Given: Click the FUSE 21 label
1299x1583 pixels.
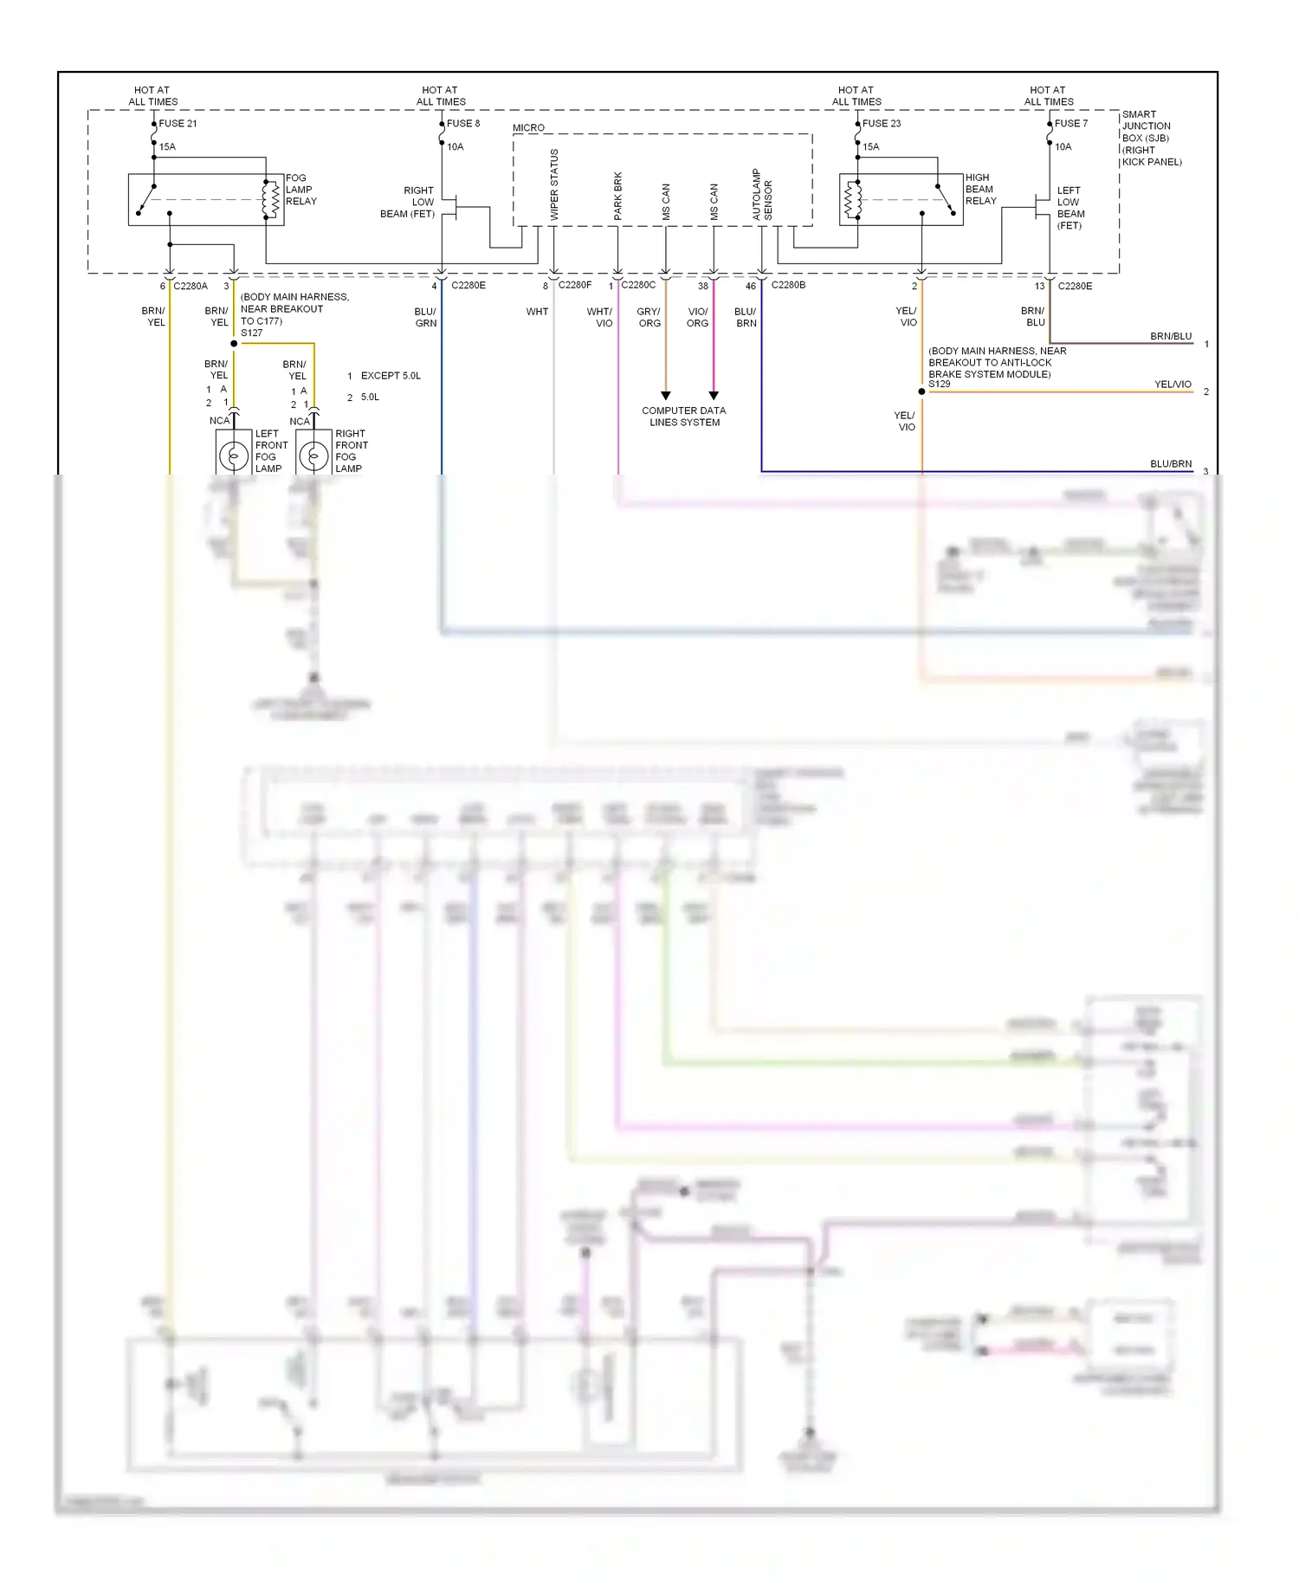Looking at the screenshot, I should [178, 124].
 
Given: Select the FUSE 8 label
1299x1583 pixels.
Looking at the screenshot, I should [462, 124].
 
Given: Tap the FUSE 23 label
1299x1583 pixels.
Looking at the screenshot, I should [881, 124].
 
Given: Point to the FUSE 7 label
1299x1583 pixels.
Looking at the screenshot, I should [1070, 124].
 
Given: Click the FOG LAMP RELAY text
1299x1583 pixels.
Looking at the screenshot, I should [301, 190].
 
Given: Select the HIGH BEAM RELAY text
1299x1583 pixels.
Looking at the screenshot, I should [980, 189].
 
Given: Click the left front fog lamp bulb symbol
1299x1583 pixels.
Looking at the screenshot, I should [233, 456].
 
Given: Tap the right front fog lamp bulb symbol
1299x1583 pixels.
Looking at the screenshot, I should [313, 456].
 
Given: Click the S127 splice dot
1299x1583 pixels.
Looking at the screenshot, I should [234, 344].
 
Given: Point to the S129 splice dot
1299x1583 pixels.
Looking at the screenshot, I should [921, 391].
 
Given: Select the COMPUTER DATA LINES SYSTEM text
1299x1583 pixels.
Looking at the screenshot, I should [684, 417].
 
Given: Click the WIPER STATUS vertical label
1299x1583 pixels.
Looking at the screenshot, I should [554, 184].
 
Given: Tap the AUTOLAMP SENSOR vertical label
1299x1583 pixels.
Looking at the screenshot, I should [762, 194].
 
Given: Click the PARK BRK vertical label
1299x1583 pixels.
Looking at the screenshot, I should [618, 196].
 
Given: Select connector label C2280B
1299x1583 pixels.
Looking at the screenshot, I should [788, 285].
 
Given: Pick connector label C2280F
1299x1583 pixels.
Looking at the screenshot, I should [574, 285].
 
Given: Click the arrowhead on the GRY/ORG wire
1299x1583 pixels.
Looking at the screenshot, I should [665, 396].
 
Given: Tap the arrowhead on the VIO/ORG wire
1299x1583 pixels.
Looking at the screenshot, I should [714, 396].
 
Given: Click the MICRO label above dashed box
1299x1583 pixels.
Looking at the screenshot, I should [528, 128].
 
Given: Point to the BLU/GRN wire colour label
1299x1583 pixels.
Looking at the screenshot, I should [425, 317].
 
